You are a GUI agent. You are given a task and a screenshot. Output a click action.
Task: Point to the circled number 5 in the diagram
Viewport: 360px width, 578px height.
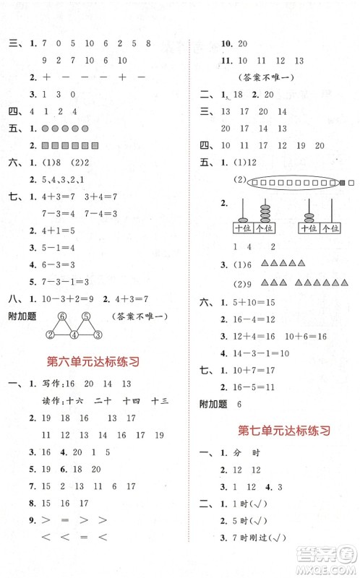point(86,316)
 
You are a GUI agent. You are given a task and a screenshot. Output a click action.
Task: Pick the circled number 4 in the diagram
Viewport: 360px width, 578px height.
point(74,334)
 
